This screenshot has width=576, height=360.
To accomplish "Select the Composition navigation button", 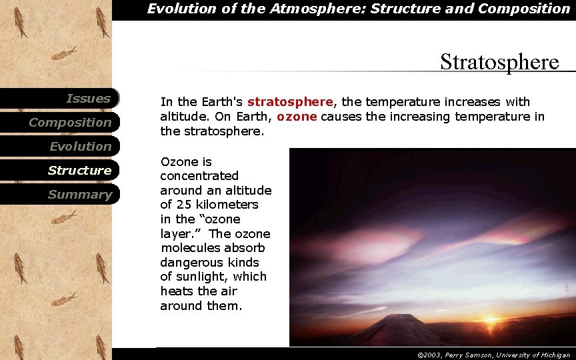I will [70, 123].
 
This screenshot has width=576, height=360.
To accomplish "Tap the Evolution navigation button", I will [80, 147].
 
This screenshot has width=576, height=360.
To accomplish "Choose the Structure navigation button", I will [79, 171].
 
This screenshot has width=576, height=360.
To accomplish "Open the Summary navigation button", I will [79, 195].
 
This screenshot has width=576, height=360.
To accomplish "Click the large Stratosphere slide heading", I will [499, 62].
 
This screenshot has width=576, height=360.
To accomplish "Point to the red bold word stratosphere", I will [289, 102].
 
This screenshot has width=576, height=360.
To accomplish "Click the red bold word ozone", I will [298, 117].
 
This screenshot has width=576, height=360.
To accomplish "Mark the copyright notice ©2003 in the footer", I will [430, 355].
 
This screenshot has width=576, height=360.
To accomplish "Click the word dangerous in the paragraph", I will [188, 263].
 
